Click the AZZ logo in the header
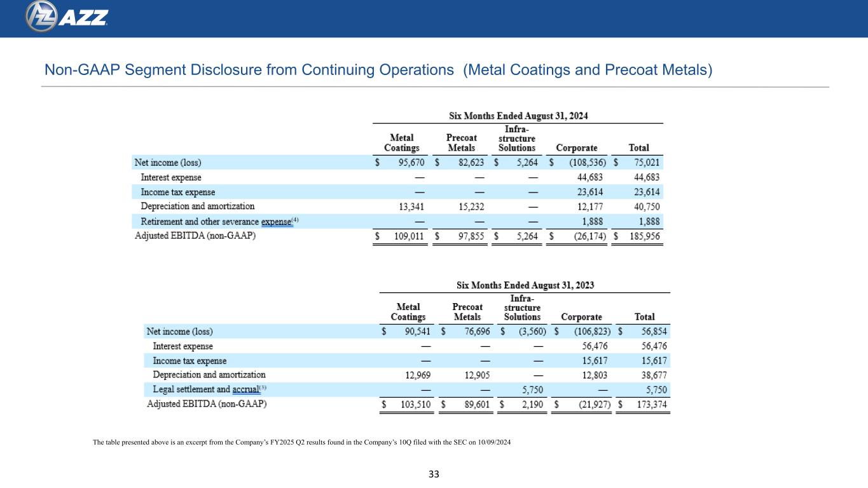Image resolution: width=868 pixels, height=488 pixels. click(x=67, y=17)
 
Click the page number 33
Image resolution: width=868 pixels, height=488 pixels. click(x=434, y=474)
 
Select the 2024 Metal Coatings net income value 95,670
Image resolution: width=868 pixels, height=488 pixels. click(x=411, y=162)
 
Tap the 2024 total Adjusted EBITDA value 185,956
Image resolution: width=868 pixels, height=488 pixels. click(x=644, y=236)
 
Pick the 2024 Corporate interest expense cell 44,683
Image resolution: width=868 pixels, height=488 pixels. click(x=589, y=177)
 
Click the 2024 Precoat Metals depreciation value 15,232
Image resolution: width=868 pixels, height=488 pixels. click(x=471, y=207)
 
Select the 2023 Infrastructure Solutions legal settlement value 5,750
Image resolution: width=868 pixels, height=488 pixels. click(x=532, y=390)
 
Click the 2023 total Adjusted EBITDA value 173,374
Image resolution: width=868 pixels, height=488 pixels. click(x=652, y=404)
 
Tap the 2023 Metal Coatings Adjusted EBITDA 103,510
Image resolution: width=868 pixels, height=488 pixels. click(x=415, y=404)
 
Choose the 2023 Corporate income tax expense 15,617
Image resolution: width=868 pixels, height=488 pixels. click(x=595, y=360)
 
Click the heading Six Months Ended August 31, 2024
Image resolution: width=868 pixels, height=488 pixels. click(x=518, y=116)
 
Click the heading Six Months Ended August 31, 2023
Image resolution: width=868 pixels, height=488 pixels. click(x=525, y=285)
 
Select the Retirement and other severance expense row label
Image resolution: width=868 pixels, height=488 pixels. click(x=219, y=222)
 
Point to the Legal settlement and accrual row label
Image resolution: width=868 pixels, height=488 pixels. click(x=209, y=389)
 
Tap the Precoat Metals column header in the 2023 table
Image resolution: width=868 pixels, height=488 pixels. click(x=467, y=312)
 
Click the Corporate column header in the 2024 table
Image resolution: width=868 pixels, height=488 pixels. click(x=577, y=147)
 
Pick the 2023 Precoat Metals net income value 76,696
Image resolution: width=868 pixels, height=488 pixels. click(x=477, y=331)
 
